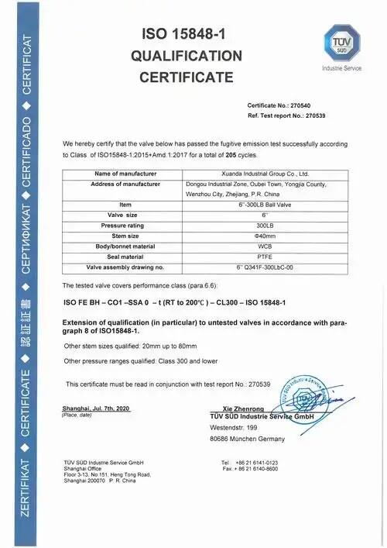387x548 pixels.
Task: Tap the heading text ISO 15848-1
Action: pos(187,33)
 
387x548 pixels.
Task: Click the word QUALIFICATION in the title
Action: pos(186,55)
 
